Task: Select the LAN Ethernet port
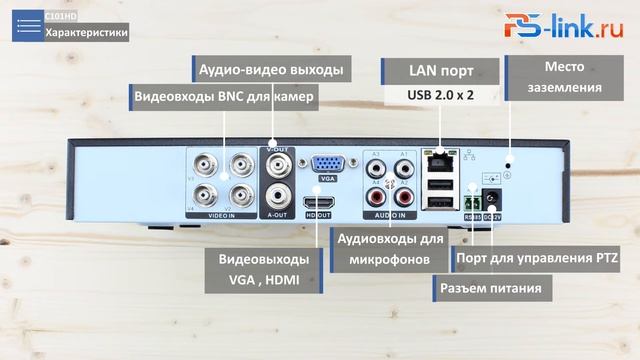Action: click(437, 160)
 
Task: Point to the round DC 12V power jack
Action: click(492, 198)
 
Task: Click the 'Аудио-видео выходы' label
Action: click(271, 70)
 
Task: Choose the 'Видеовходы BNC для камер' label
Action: click(226, 97)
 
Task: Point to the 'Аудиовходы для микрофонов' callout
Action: click(389, 249)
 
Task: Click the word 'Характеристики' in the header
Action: click(87, 32)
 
